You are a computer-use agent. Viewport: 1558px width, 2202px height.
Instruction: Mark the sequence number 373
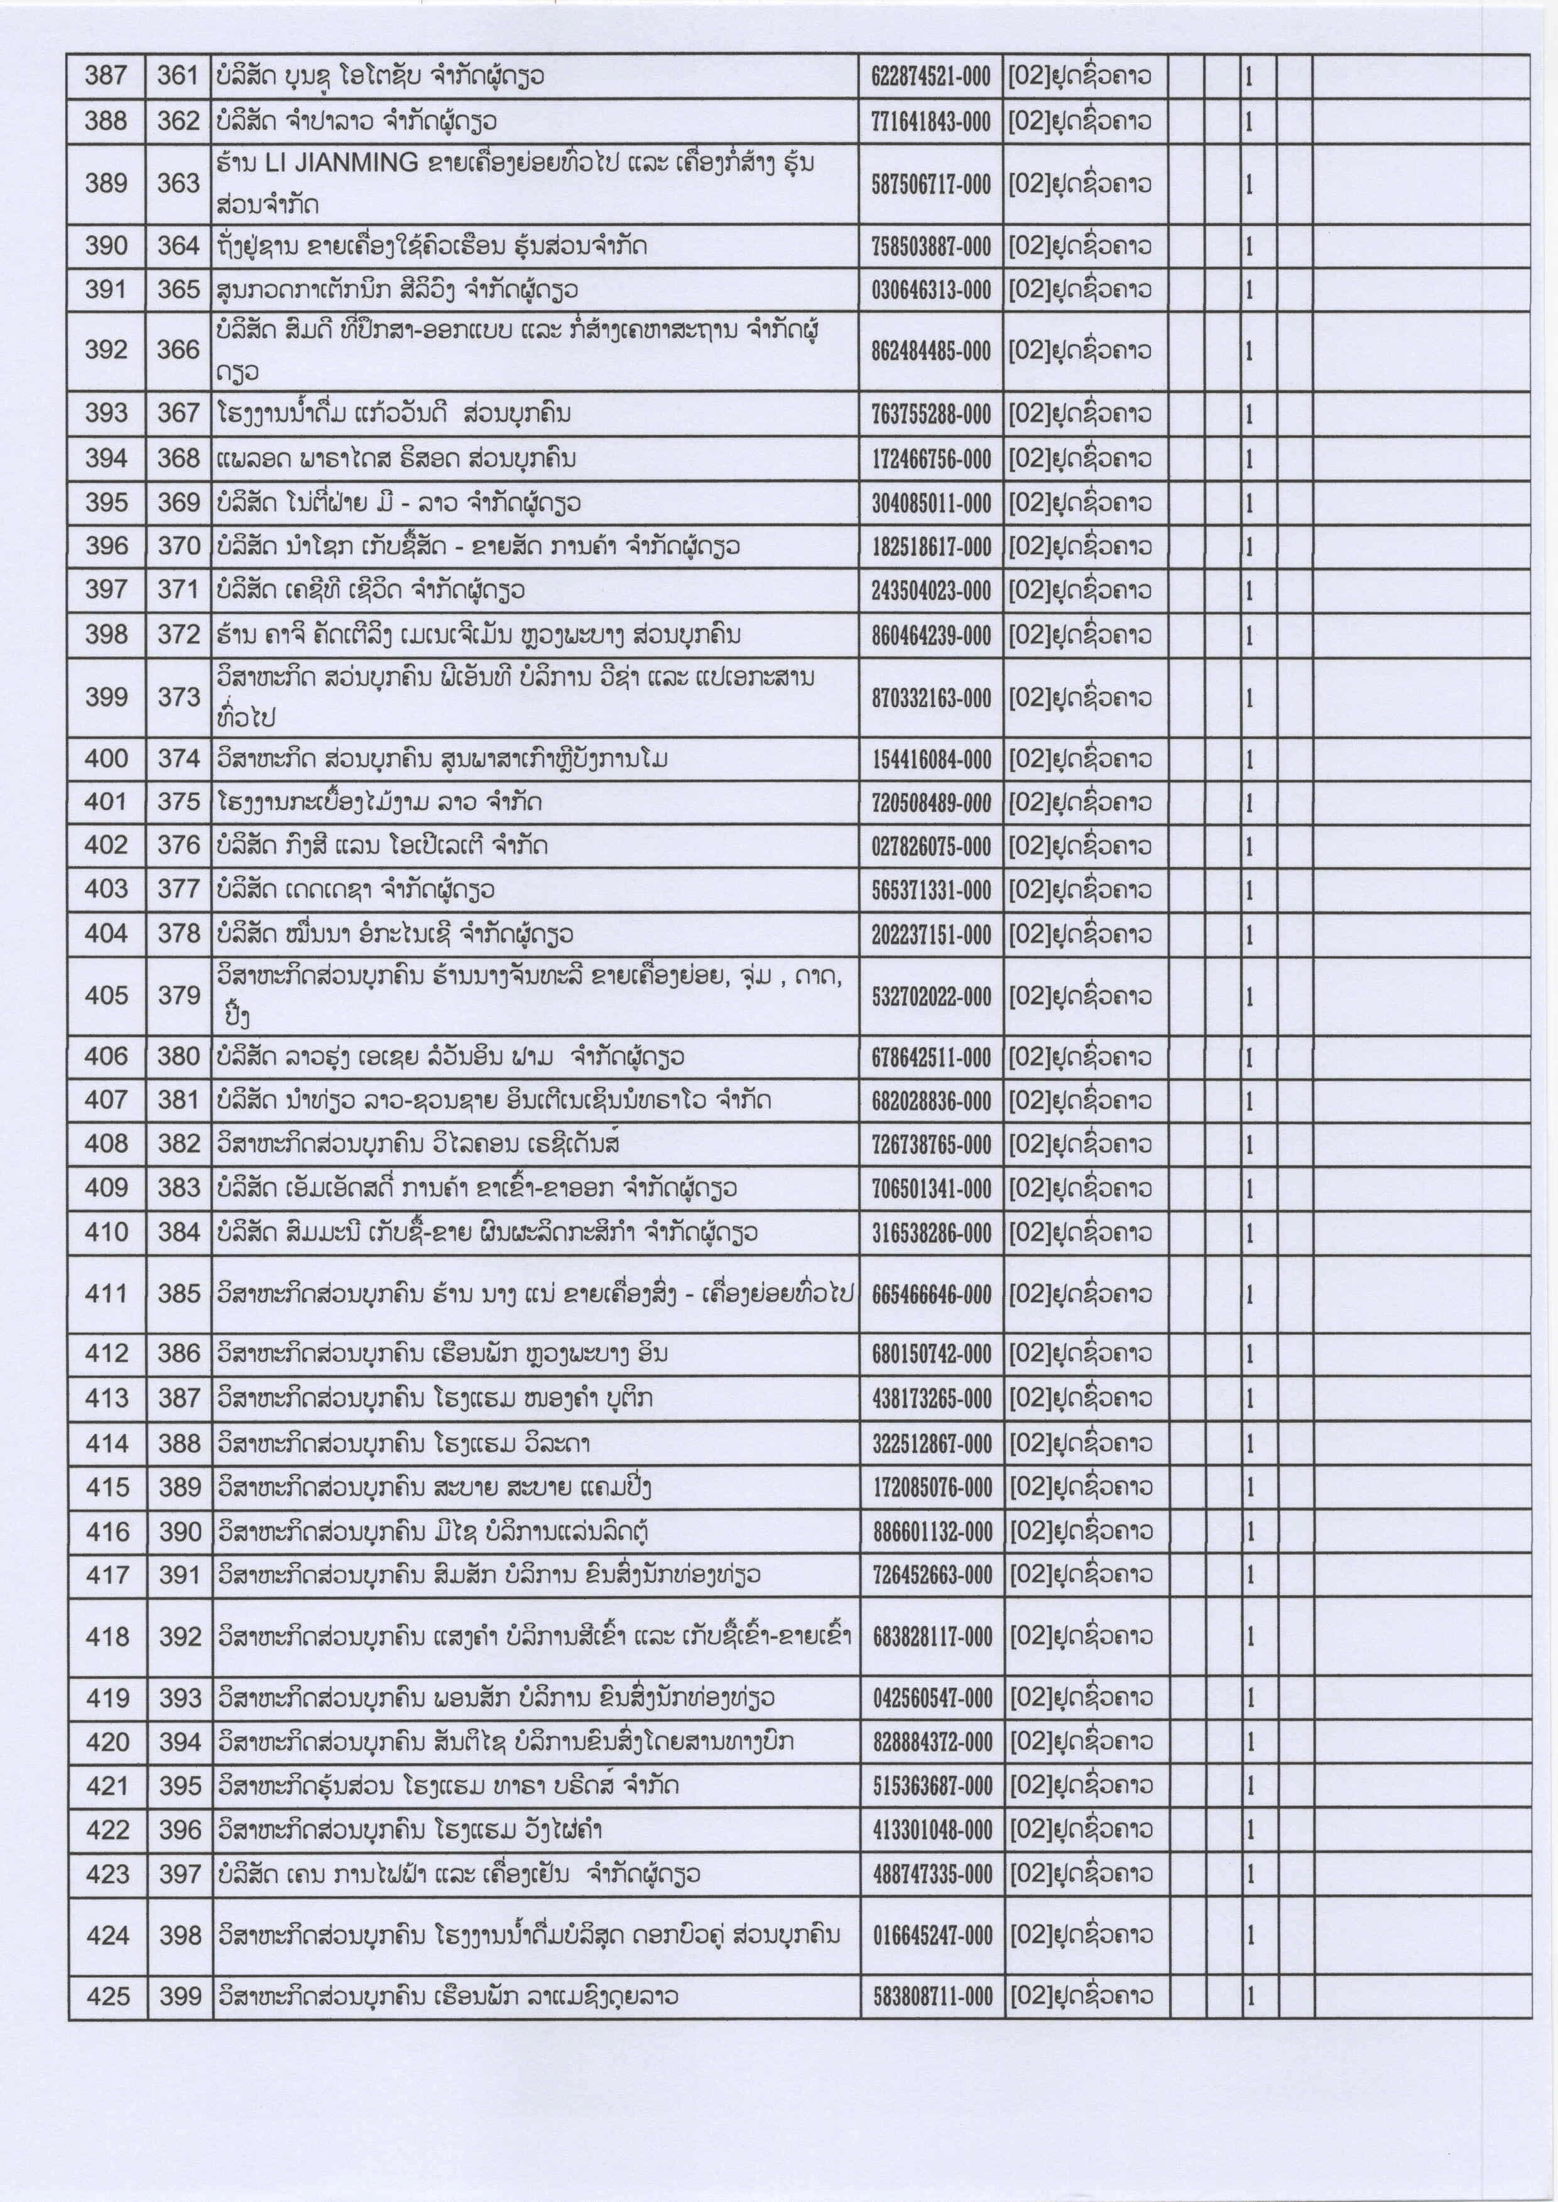178,697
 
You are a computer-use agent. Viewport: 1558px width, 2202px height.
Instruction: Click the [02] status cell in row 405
1079,998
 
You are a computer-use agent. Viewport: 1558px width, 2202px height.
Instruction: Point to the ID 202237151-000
930,935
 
